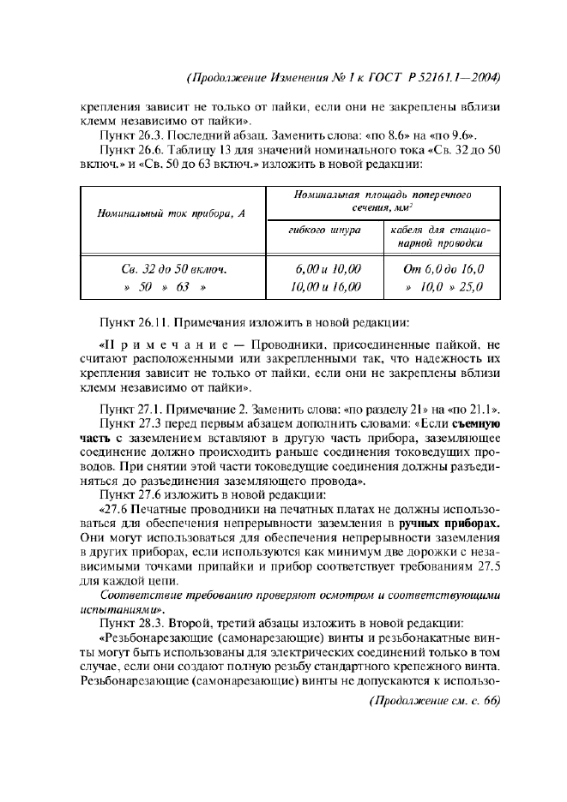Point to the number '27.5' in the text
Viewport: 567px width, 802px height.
pos(486,565)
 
